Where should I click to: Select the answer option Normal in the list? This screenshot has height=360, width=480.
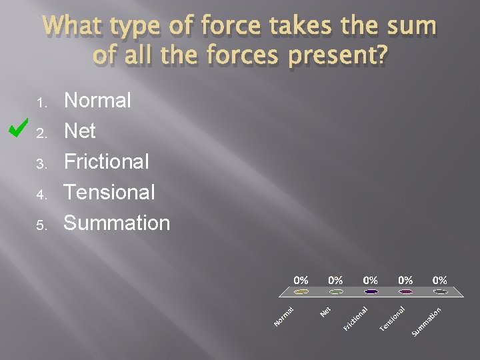tap(97, 101)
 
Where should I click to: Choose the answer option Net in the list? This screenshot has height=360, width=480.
tap(79, 131)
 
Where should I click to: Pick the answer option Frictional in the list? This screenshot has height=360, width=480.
tap(106, 161)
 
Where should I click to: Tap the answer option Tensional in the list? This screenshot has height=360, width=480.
tap(109, 192)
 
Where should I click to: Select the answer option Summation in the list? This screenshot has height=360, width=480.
tap(117, 223)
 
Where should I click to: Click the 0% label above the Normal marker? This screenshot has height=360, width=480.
tap(301, 280)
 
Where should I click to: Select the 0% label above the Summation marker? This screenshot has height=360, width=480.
tap(440, 280)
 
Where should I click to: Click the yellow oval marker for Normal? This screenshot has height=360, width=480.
tap(301, 291)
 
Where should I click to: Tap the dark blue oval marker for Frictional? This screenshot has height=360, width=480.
tap(371, 291)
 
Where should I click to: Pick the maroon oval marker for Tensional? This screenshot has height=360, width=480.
tap(405, 291)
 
